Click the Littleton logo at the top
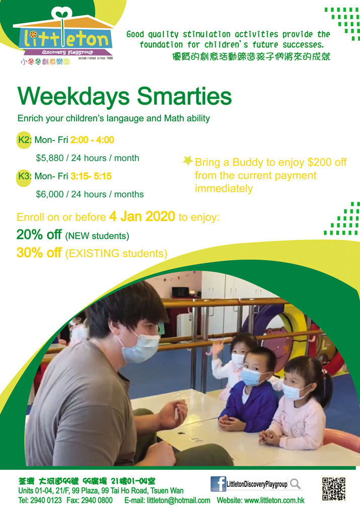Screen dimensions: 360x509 (x=63, y=36)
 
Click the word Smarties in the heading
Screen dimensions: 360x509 (x=184, y=96)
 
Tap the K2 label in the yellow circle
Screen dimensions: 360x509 (x=24, y=140)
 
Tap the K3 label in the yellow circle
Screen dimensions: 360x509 (x=24, y=176)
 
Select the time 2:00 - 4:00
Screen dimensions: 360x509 (x=92, y=140)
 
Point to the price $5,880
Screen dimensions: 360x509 (x=50, y=158)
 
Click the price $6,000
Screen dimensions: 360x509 (x=50, y=194)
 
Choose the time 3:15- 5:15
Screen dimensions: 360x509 (x=91, y=176)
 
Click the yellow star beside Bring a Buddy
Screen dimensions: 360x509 (x=188, y=161)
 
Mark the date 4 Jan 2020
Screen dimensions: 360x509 (x=142, y=216)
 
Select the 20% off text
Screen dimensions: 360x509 (x=39, y=235)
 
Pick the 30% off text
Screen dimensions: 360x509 (x=39, y=253)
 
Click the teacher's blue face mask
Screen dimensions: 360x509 (x=141, y=348)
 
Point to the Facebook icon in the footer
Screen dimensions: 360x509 (x=218, y=484)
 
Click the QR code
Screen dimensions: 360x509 (x=334, y=488)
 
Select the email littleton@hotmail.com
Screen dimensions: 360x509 (x=179, y=500)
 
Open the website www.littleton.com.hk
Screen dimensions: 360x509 (x=274, y=500)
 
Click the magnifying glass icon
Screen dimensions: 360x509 (x=295, y=484)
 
